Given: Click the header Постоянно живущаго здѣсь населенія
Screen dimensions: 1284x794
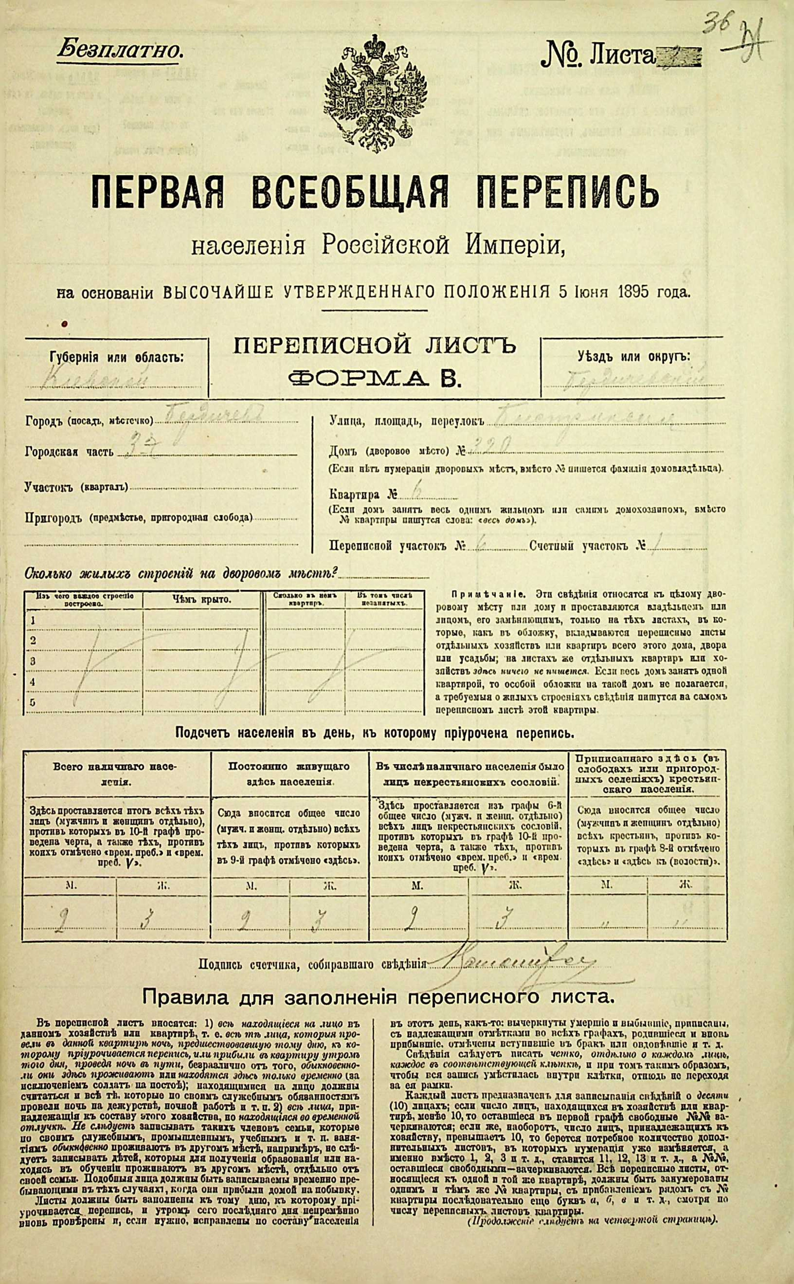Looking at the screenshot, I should click(x=289, y=773).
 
